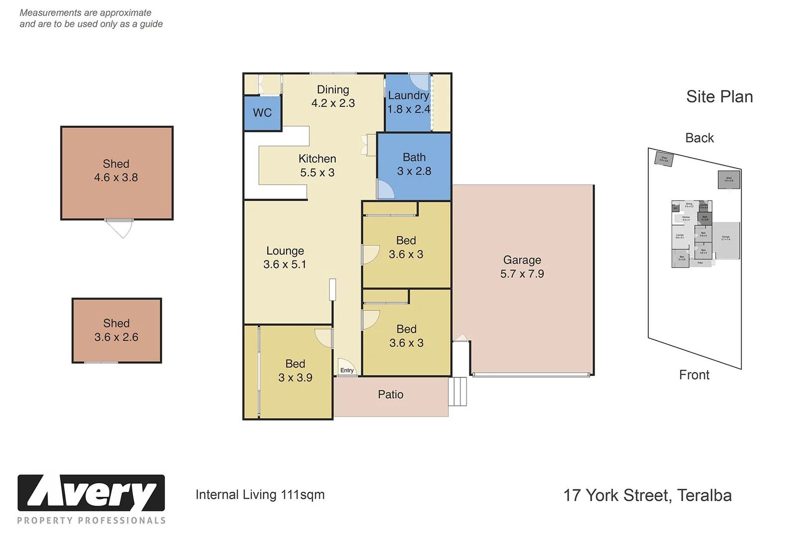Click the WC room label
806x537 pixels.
[x=262, y=113]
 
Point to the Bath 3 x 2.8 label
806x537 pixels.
[x=414, y=165]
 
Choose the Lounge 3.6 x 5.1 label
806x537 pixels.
[x=285, y=258]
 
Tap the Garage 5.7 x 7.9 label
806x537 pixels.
[x=522, y=267]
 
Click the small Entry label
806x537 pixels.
[x=347, y=370]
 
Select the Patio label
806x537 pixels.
[x=391, y=395]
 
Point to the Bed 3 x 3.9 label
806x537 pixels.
[x=295, y=371]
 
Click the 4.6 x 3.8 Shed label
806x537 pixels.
[x=116, y=171]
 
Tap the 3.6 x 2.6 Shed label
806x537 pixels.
[x=116, y=330]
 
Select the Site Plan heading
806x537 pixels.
[x=719, y=97]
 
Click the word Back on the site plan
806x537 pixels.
[x=699, y=138]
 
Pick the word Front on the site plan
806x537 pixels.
[x=694, y=375]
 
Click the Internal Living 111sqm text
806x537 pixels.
[x=260, y=495]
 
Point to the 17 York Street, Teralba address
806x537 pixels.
[x=647, y=496]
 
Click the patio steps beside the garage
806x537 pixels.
[x=458, y=392]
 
